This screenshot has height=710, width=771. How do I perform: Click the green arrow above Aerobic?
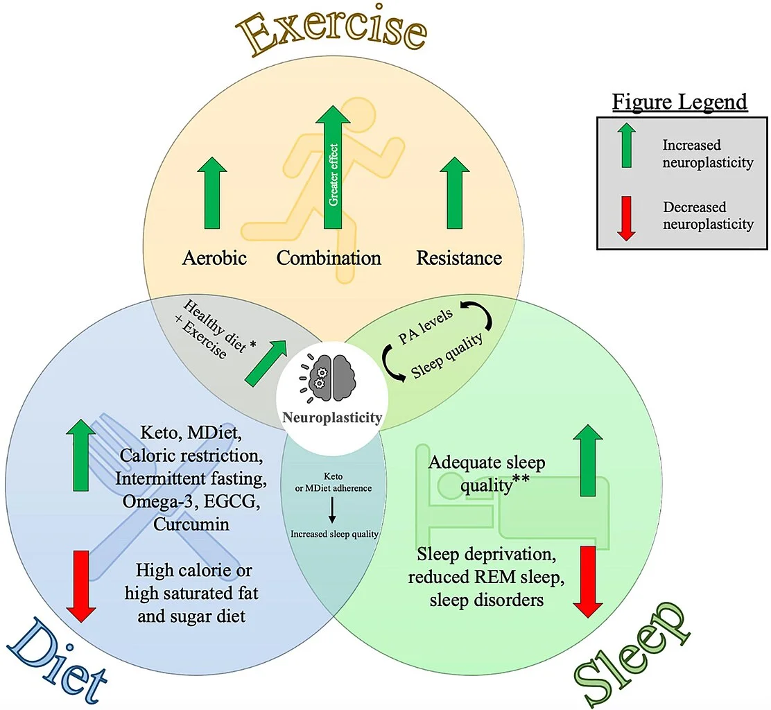(x=214, y=193)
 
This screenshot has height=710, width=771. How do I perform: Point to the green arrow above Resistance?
(x=455, y=193)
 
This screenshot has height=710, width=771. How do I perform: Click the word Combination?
(x=329, y=259)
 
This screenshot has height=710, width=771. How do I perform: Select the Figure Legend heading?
(x=679, y=102)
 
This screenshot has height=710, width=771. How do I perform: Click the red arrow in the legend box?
(x=626, y=218)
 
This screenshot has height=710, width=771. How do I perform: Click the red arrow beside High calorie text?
(x=82, y=586)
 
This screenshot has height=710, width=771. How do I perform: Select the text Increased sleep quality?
(x=333, y=534)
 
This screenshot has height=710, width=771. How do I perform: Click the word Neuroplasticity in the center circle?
(x=331, y=417)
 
